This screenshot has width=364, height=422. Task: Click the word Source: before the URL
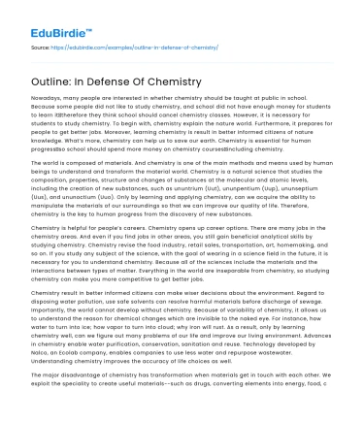tap(36, 46)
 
